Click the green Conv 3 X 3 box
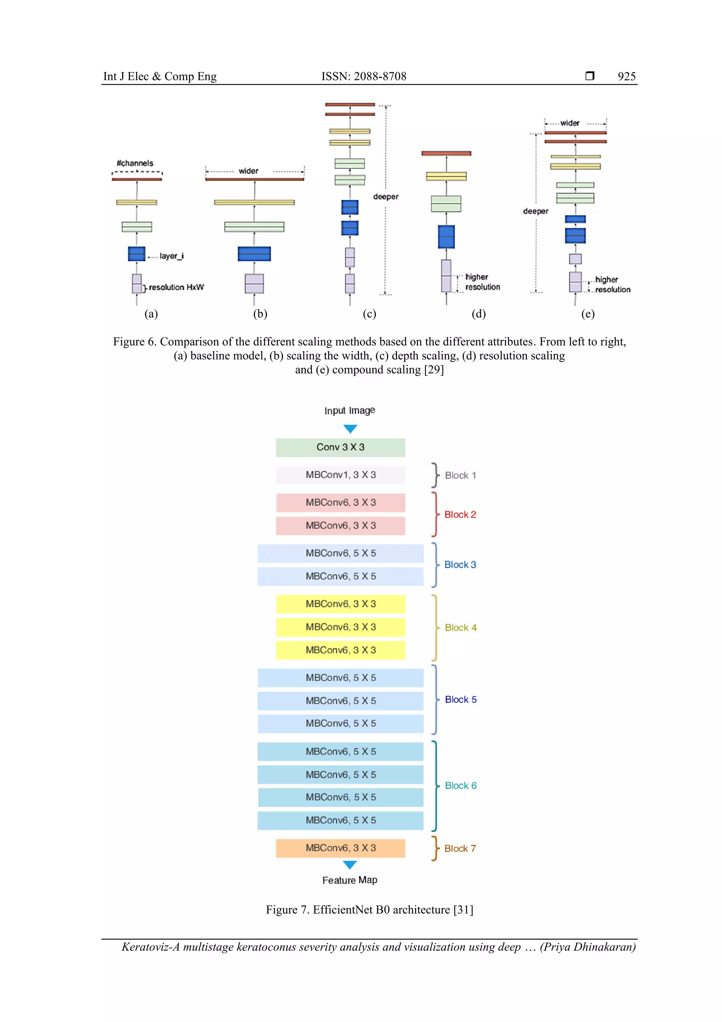coord(340,447)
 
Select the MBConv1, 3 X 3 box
coord(340,475)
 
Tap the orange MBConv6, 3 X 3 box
coord(340,848)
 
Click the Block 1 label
coord(460,476)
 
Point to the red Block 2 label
coord(460,515)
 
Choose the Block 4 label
coord(460,628)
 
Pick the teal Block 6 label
coord(460,786)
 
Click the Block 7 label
coord(460,848)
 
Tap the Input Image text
coord(350,410)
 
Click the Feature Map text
coord(350,880)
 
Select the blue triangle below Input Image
coord(350,429)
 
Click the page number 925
coord(626,77)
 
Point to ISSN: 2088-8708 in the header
coord(364,77)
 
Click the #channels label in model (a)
coord(135,163)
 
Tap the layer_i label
coord(171,256)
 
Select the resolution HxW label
coord(176,288)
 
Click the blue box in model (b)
coord(254,254)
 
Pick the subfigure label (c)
coord(369,314)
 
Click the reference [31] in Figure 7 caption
coord(463,909)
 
